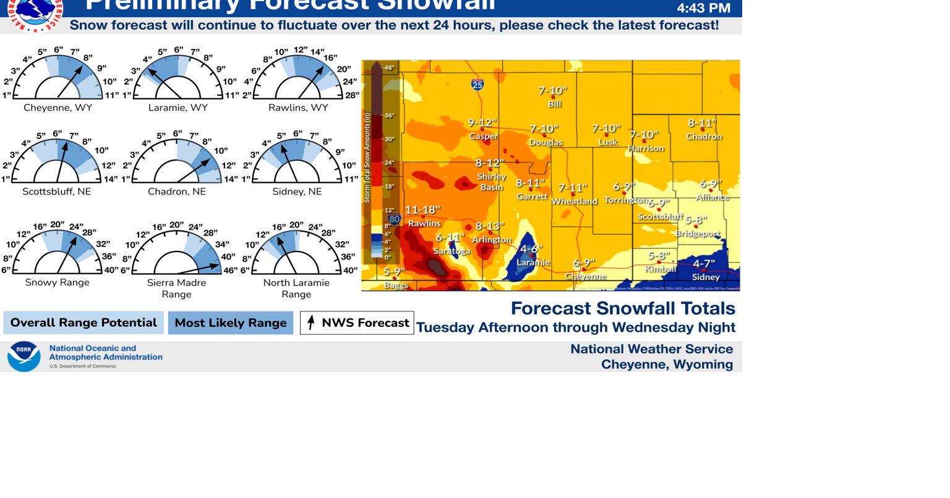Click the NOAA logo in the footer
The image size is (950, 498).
point(24,356)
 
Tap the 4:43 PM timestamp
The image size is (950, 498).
point(703,8)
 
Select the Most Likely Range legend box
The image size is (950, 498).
point(231,323)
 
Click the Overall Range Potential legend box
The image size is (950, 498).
point(83,323)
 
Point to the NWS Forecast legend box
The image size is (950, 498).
point(357,323)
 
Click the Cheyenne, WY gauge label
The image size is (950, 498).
point(58,108)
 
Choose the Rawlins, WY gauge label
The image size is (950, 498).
point(298,108)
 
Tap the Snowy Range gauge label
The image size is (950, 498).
point(57,282)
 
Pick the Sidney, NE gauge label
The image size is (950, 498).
point(297,192)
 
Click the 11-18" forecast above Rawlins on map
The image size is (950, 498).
point(422,210)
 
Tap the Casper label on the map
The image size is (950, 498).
point(483,136)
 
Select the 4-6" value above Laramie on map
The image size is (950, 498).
point(531,249)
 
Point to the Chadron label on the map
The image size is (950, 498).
point(704,137)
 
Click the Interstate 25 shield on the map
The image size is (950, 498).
point(477,85)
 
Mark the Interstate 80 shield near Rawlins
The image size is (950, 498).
point(395,219)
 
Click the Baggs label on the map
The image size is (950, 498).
point(396,285)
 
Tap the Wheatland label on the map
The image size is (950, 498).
point(574,201)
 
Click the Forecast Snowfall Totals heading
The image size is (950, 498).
point(623,308)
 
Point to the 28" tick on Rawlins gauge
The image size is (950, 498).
point(352,95)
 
